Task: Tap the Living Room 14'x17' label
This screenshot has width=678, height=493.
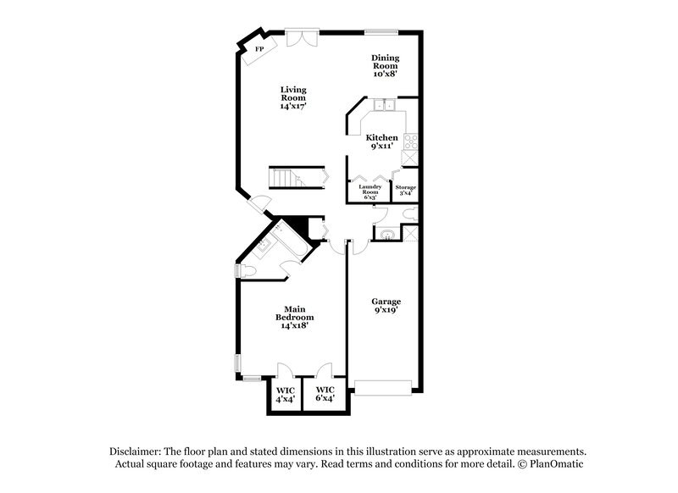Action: tap(294, 98)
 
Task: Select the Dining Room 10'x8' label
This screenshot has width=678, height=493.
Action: tap(385, 65)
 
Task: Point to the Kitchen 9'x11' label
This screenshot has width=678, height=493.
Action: tap(381, 141)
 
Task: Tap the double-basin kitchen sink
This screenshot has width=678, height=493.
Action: tap(384, 106)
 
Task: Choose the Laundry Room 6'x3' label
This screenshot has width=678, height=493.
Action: tap(370, 191)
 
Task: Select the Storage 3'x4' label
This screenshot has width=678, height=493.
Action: tap(406, 191)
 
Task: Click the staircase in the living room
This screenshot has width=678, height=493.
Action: tap(286, 178)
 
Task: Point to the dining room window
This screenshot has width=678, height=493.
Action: tap(381, 32)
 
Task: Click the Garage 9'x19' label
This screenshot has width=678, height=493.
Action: tap(386, 306)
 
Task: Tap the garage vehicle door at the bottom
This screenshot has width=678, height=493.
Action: tap(384, 386)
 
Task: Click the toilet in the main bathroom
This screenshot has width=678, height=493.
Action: tap(246, 270)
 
